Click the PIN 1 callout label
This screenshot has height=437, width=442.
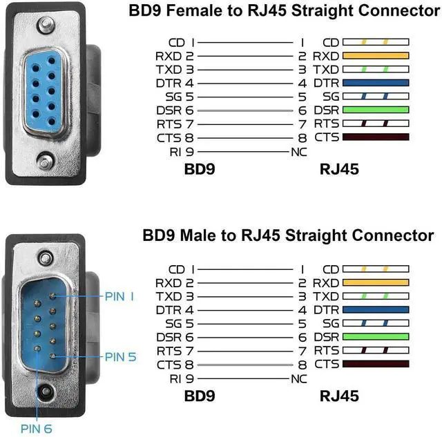tap(120, 296)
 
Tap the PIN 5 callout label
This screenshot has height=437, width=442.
tap(120, 357)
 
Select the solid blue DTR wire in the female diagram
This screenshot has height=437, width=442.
tap(375, 83)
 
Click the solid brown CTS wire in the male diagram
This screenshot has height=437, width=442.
tap(375, 363)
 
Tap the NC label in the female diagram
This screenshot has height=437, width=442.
tap(300, 151)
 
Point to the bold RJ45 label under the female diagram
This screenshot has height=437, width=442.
tap(339, 168)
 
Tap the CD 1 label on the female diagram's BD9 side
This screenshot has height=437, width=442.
tap(182, 43)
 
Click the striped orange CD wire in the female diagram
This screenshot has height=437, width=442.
tap(375, 43)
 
